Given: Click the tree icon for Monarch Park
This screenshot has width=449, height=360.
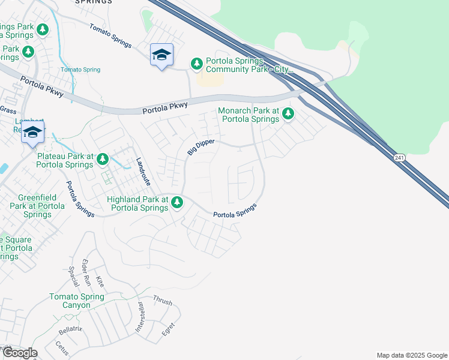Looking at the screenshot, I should coord(288,113).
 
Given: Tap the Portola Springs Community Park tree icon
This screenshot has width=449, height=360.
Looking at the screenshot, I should coord(196,63).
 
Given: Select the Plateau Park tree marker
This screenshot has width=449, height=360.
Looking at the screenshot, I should coord(103,159).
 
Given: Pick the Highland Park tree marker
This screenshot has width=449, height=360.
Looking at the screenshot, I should coord(176,202).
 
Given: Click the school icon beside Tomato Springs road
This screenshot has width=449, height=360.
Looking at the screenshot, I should coord(161,55).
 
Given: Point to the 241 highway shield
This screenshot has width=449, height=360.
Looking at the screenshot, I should coord(399,157).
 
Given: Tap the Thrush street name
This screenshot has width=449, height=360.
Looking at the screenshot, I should coord(162,299).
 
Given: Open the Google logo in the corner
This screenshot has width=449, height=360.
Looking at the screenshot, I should coord(20,353).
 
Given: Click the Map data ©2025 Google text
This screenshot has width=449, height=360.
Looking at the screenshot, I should coord(412,355).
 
